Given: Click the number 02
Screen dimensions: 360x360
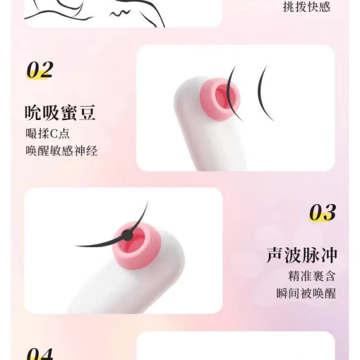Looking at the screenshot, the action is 40,70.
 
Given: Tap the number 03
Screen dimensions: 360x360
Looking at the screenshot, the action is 323,212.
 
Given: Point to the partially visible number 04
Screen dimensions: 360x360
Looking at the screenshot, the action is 40,354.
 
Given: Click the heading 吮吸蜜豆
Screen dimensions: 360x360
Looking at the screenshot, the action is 60,113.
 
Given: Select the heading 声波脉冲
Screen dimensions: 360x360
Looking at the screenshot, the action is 302,255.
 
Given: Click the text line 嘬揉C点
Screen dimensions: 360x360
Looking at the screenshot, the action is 47,134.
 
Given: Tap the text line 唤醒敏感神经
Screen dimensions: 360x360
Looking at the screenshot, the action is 62,151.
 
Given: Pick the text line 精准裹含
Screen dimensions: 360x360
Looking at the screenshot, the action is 312,276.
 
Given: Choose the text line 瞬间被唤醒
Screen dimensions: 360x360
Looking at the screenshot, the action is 306,293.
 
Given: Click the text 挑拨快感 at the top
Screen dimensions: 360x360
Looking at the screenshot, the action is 307,7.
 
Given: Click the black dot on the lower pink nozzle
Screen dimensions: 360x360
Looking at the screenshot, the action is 127,235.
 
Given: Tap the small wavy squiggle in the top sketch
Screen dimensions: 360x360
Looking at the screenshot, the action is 119,13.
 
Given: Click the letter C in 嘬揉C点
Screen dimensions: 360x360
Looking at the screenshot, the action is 53,134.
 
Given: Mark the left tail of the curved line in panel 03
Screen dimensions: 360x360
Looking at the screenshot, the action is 76,246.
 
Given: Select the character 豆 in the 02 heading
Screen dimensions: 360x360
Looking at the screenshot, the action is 87,113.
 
